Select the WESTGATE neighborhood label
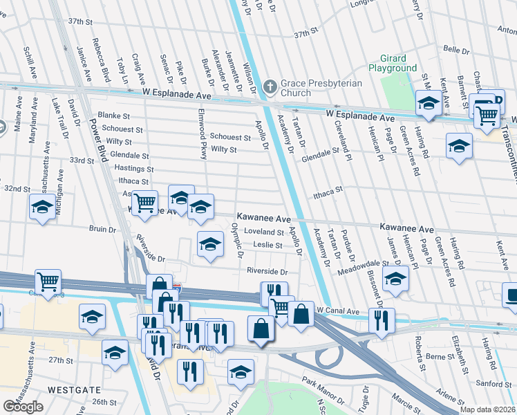(66, 389)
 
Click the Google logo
(23, 407)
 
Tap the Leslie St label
(268, 245)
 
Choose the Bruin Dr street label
(102, 228)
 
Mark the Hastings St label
(131, 168)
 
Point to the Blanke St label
(114, 116)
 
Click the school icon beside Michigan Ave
(42, 206)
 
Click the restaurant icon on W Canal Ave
(382, 320)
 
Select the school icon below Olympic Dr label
(211, 243)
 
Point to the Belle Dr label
(455, 50)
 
